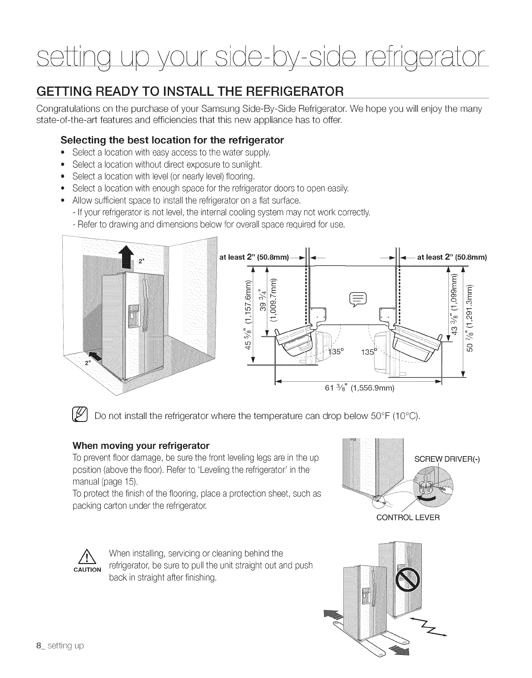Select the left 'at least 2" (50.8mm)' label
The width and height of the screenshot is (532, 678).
pyautogui.click(x=255, y=257)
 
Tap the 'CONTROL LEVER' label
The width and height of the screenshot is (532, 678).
pyautogui.click(x=407, y=518)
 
